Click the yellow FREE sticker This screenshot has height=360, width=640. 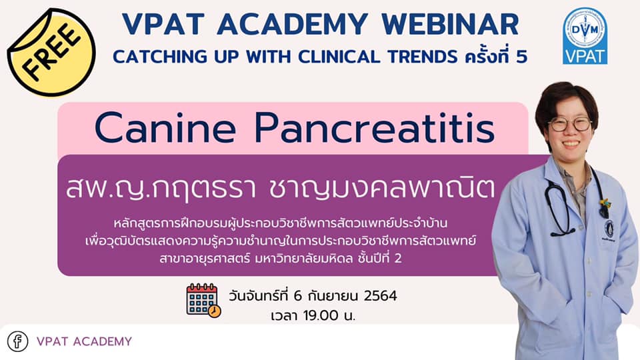click(51, 52)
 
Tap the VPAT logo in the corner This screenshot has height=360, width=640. click(585, 36)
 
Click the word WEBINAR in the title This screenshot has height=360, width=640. click(450, 24)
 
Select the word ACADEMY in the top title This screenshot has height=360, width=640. click(292, 24)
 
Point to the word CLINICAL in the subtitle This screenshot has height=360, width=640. click(339, 57)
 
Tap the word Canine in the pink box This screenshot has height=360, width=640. click(165, 128)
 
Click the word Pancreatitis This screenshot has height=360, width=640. click(375, 128)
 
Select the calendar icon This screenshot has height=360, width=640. click(203, 301)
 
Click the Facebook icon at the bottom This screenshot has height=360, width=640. click(17, 341)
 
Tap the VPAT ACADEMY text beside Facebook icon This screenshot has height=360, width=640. click(85, 341)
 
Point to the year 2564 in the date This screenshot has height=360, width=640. click(380, 295)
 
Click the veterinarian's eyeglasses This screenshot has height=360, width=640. click(570, 124)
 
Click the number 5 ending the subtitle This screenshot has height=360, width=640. click(521, 57)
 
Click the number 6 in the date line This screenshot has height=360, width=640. click(297, 295)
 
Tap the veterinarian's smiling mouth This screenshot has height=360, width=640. click(571, 144)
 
